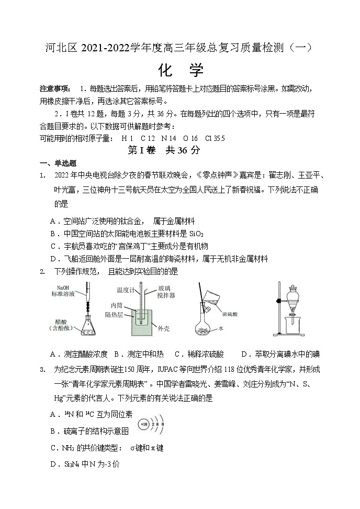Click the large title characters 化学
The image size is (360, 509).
(181, 70)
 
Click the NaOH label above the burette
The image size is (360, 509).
(63, 287)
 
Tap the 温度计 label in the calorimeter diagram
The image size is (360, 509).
(127, 289)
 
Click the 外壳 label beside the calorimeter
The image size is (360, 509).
(163, 328)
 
